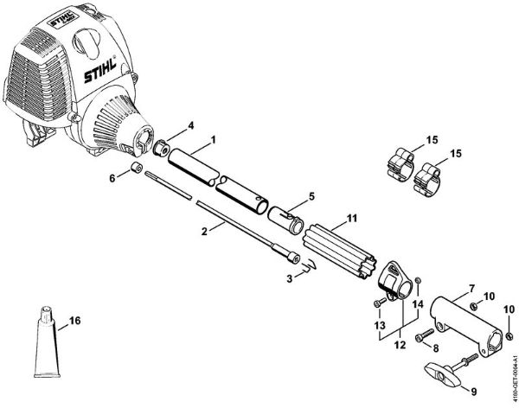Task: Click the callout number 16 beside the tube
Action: pos(74,322)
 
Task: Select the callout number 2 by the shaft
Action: pos(204,232)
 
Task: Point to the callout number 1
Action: pos(214,139)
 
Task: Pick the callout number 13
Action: pos(380,324)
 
